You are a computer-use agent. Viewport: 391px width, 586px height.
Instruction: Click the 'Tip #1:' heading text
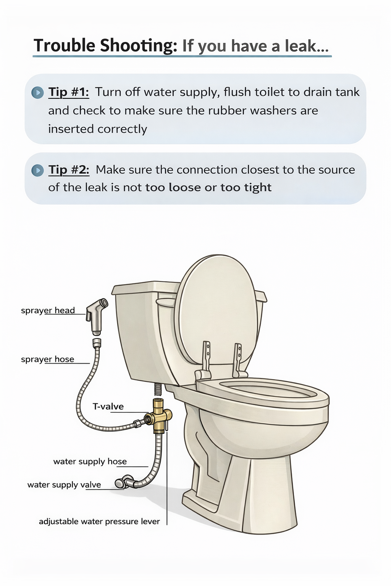69,92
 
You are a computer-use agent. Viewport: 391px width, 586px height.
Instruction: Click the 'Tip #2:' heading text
69,170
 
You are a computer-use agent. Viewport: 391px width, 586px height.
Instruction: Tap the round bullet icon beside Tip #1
37,93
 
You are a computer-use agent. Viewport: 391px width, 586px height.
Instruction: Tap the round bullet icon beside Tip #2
37,170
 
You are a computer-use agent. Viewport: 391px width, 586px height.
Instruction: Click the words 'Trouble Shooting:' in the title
105,46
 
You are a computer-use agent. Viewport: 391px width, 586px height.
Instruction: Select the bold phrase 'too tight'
246,188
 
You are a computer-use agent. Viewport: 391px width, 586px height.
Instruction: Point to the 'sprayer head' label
48,311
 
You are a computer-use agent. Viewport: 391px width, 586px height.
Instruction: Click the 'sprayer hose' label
47,359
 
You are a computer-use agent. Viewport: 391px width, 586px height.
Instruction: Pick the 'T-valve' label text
108,407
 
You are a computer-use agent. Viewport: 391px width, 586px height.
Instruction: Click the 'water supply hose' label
90,462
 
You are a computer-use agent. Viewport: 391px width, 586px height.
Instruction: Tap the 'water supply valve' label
64,485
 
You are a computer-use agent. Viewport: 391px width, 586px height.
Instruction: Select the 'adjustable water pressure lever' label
99,522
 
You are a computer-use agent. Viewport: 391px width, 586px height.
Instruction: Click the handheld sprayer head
97,314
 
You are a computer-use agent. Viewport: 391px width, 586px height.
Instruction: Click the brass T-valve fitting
159,416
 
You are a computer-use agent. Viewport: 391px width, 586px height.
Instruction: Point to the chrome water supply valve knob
121,483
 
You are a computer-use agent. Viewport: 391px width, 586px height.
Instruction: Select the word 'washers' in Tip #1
273,111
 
